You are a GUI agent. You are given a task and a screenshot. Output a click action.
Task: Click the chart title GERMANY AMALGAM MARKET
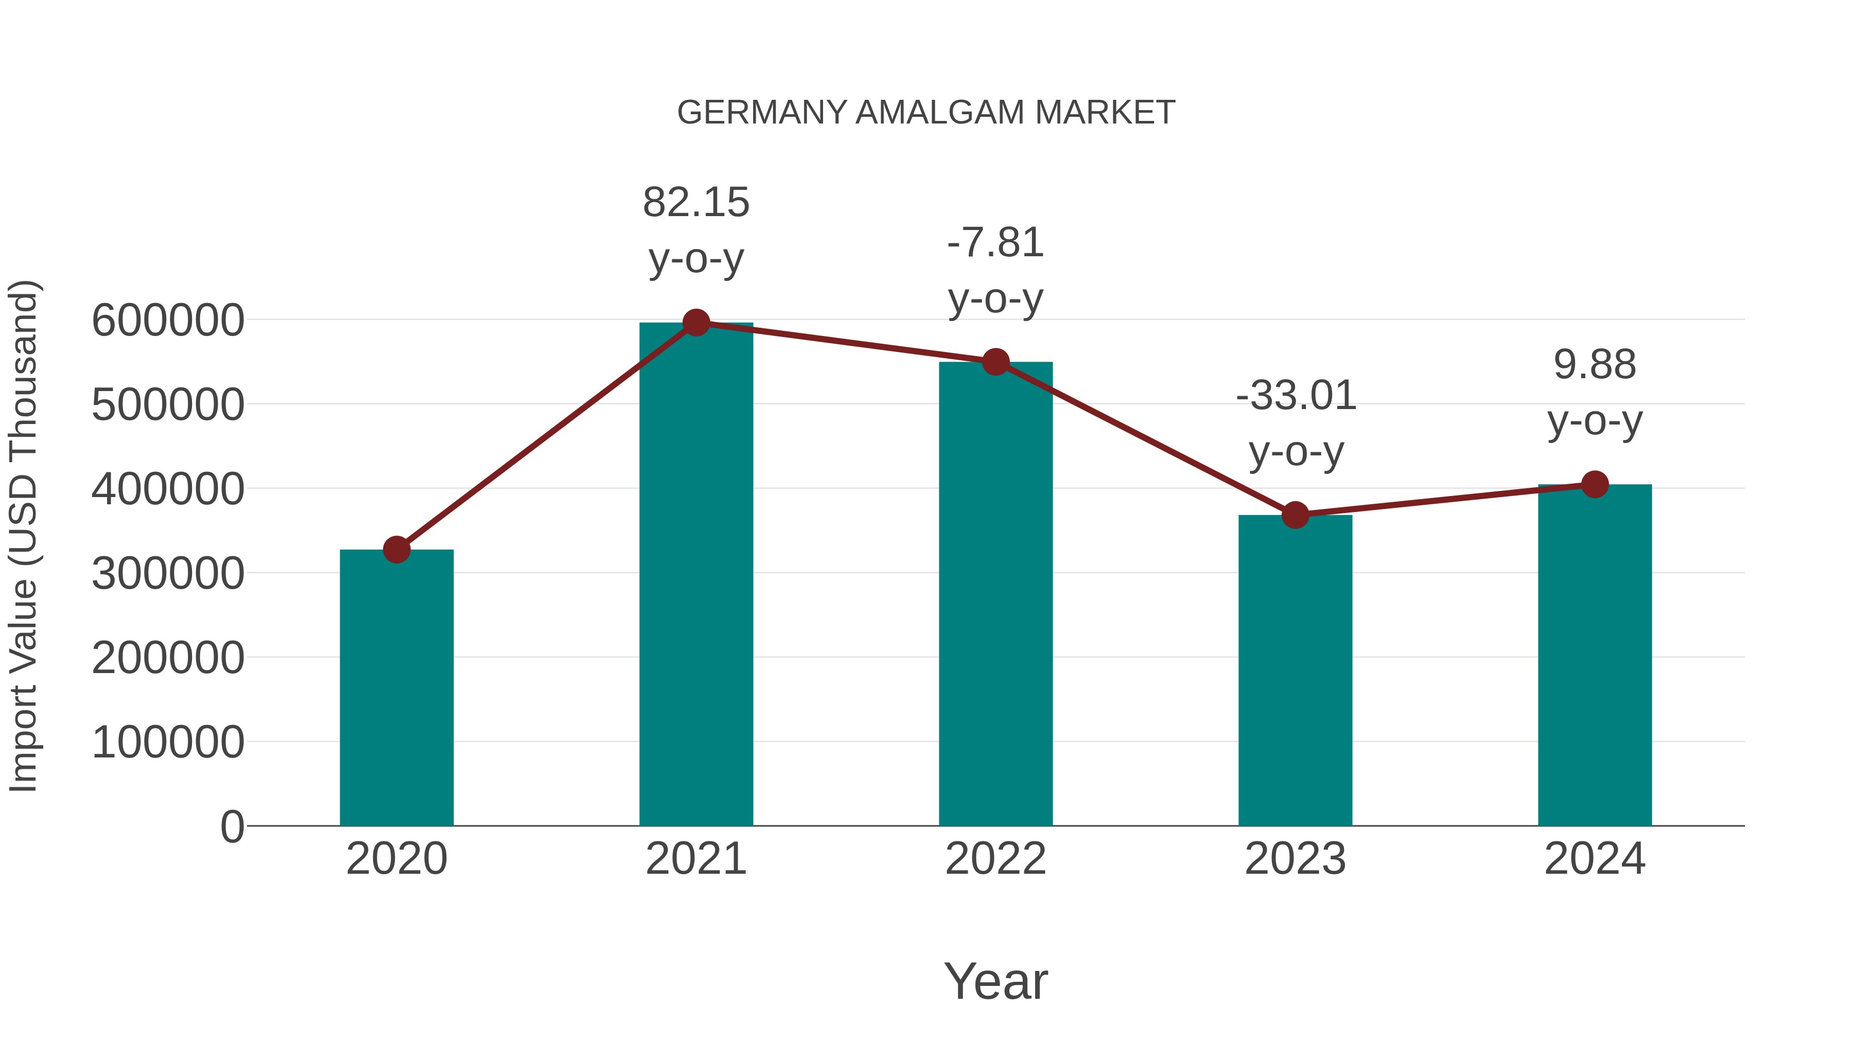(x=926, y=113)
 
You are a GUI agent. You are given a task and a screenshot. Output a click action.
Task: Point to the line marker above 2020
(x=396, y=550)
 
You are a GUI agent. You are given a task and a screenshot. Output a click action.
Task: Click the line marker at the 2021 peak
(x=695, y=323)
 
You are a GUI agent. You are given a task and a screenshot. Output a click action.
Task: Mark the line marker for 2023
(x=1295, y=515)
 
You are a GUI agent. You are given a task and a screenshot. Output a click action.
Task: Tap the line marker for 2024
(x=1595, y=484)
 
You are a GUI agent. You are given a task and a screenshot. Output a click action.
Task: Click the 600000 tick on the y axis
(x=168, y=320)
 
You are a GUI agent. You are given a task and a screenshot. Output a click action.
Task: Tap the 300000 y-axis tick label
(x=168, y=574)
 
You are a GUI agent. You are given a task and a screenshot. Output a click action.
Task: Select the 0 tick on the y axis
(x=232, y=827)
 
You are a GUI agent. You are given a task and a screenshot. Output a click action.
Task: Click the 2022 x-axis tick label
(x=995, y=859)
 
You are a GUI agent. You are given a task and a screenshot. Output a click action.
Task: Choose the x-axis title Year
(x=995, y=981)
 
